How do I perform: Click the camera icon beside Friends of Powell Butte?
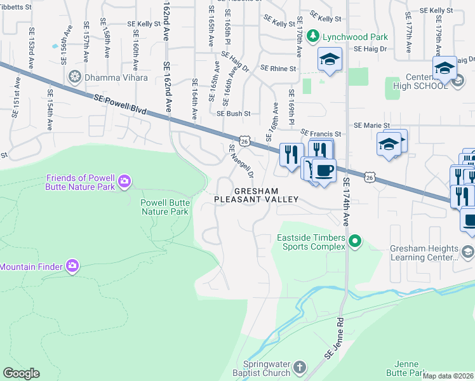click(x=124, y=183)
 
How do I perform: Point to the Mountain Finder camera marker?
click(x=72, y=265)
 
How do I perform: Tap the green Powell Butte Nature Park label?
click(x=164, y=207)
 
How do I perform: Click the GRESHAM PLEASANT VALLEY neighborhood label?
click(x=256, y=195)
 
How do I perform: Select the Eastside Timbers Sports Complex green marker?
click(x=356, y=241)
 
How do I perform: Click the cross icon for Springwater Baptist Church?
click(x=300, y=367)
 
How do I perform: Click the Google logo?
click(x=21, y=373)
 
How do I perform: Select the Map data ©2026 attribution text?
click(x=448, y=376)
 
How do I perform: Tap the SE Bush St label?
click(x=234, y=114)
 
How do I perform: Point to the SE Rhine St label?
click(x=280, y=69)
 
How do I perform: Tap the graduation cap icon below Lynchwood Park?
click(x=330, y=60)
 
